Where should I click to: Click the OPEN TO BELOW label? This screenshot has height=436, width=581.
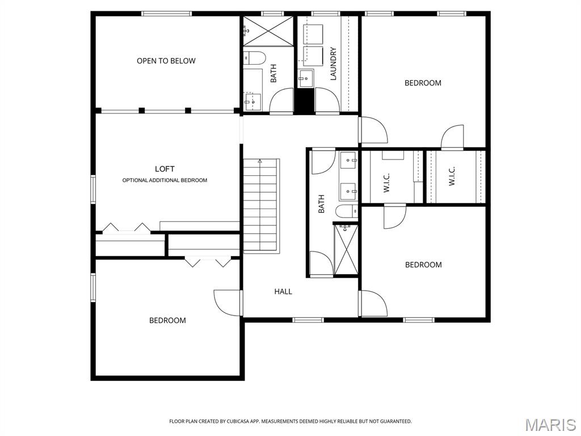[166, 61]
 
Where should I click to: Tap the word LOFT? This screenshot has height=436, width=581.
[165, 169]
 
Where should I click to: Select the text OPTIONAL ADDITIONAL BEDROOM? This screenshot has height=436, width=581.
[165, 181]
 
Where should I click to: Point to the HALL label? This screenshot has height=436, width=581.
[283, 291]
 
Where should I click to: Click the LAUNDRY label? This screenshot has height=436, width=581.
[333, 64]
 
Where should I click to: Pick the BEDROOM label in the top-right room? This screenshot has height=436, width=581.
[423, 83]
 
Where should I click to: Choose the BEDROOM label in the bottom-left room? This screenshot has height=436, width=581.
[167, 320]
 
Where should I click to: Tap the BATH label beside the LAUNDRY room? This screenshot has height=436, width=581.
[273, 73]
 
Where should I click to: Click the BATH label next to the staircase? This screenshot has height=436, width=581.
[321, 204]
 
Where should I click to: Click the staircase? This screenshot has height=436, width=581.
[262, 204]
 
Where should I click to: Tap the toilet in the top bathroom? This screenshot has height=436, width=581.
[255, 58]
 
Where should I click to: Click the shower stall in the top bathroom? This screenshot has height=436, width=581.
[267, 31]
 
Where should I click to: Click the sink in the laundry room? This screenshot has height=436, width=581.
[306, 79]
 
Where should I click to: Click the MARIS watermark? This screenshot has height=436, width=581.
[550, 425]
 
